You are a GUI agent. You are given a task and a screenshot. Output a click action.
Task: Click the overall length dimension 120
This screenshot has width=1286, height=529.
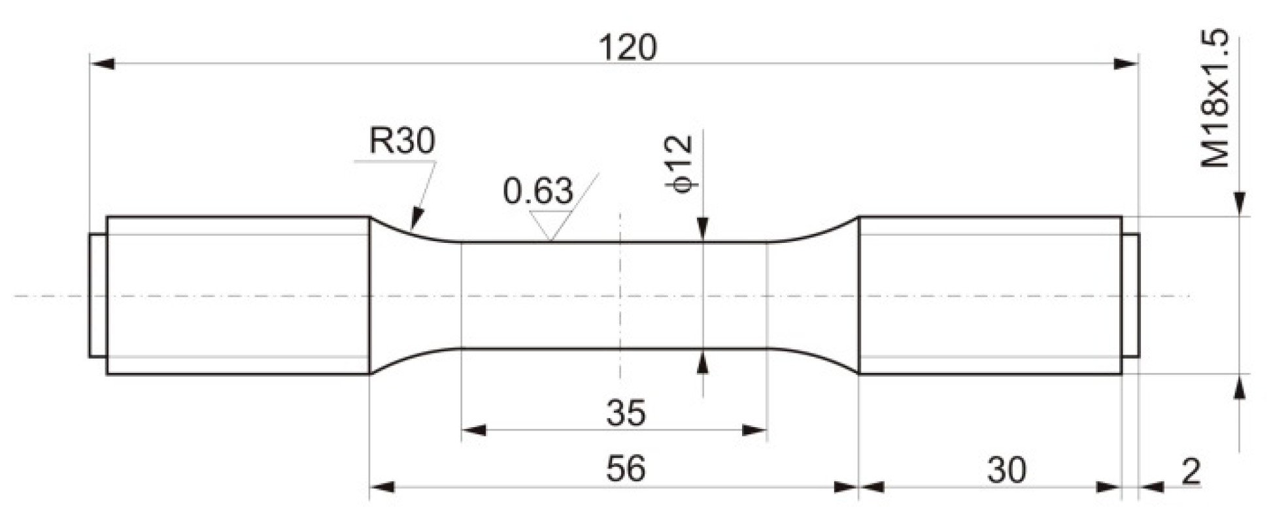[627, 48]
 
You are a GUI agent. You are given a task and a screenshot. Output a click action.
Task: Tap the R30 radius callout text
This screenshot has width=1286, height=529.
[401, 141]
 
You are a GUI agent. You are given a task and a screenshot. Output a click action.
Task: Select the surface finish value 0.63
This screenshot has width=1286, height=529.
[537, 191]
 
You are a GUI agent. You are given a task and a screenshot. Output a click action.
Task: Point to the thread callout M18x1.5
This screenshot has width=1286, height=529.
[1215, 98]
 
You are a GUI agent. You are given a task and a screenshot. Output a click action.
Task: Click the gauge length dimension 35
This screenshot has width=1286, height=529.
[626, 413]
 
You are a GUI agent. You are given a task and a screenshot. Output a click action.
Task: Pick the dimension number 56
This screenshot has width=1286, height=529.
[626, 468]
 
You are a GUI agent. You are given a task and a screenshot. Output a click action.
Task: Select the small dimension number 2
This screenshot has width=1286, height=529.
[1191, 471]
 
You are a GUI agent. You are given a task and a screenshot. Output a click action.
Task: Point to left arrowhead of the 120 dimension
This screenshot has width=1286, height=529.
[102, 64]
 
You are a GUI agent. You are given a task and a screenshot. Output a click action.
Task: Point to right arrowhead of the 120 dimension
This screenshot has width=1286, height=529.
[1126, 64]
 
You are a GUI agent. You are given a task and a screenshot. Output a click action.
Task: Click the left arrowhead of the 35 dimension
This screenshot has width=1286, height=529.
[473, 430]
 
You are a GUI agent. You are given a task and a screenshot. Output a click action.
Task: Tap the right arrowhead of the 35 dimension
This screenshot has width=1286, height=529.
[754, 430]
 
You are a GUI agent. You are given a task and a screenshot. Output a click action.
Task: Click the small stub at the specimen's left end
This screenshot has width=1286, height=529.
[97, 295]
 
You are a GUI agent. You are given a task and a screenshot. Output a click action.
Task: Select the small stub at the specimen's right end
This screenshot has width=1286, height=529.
[1131, 295]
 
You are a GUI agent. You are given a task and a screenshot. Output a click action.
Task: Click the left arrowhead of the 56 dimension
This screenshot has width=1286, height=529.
[382, 487]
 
